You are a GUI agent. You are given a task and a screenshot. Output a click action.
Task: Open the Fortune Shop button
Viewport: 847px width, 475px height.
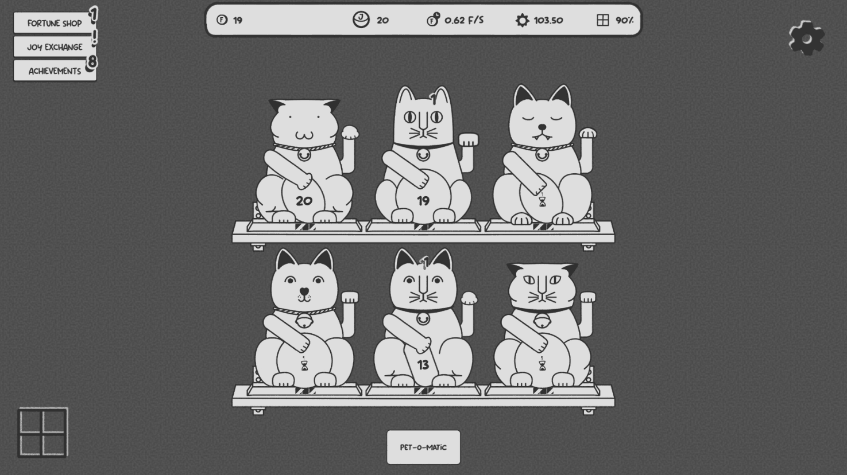pyautogui.click(x=55, y=23)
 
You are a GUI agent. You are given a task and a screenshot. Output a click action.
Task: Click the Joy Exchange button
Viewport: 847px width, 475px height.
pyautogui.click(x=55, y=47)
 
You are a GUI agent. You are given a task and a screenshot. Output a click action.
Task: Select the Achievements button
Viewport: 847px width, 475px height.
pyautogui.click(x=55, y=71)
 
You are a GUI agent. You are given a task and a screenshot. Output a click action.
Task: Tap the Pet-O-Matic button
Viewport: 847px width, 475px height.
pyautogui.click(x=424, y=447)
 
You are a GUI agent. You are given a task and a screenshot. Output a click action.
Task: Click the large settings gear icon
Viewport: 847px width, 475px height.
pyautogui.click(x=807, y=38)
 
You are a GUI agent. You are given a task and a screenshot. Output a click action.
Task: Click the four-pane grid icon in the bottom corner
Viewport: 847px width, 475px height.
pyautogui.click(x=42, y=433)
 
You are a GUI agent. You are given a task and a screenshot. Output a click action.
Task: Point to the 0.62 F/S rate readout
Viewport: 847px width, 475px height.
pyautogui.click(x=464, y=20)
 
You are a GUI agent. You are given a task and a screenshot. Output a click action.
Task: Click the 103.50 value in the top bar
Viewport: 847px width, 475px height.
pyautogui.click(x=548, y=21)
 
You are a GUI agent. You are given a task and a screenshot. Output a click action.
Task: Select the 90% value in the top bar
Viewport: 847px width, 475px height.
pyautogui.click(x=625, y=21)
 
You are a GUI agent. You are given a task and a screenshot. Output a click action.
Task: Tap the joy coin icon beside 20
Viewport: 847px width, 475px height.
pyautogui.click(x=361, y=20)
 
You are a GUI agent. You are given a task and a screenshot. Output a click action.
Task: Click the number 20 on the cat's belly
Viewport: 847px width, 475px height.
pyautogui.click(x=304, y=201)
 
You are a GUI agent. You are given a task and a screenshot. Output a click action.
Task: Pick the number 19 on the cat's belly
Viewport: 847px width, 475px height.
pyautogui.click(x=423, y=201)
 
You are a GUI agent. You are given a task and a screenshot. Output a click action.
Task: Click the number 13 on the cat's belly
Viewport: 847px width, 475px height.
pyautogui.click(x=423, y=365)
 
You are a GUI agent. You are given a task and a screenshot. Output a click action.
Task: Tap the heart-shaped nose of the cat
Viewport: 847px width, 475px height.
pyautogui.click(x=304, y=292)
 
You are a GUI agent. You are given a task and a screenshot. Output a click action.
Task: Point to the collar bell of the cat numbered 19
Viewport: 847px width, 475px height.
pyautogui.click(x=423, y=155)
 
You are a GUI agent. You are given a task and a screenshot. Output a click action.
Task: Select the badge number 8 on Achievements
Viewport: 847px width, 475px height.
pyautogui.click(x=92, y=61)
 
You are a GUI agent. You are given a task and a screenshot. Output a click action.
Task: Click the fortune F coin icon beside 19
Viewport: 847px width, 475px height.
pyautogui.click(x=222, y=20)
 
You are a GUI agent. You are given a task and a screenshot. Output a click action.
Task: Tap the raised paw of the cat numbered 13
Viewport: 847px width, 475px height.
pyautogui.click(x=469, y=298)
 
